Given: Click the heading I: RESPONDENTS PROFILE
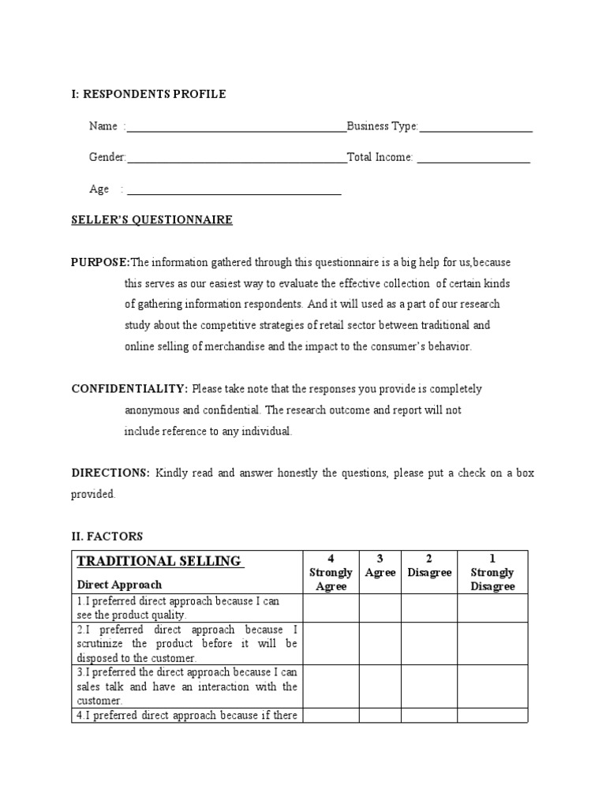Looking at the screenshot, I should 148,95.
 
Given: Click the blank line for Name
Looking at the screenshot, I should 236,129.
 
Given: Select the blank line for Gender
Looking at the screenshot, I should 236,160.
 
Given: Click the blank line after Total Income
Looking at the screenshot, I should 473,160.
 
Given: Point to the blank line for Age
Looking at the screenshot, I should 234,192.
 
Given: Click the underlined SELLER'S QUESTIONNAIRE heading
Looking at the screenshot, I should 151,220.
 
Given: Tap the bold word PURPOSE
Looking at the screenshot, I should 100,262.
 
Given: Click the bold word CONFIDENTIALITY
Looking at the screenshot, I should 129,389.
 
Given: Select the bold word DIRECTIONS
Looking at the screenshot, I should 110,473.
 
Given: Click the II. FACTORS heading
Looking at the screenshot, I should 107,537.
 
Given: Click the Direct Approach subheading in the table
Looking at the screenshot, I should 119,585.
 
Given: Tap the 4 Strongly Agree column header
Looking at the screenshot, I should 331,572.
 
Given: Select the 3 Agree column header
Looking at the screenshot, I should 380,566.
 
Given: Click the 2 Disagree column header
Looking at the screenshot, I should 429,566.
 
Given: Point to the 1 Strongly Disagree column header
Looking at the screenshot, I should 492,572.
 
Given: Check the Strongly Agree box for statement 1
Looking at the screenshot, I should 331,608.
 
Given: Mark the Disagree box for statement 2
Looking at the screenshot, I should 429,643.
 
